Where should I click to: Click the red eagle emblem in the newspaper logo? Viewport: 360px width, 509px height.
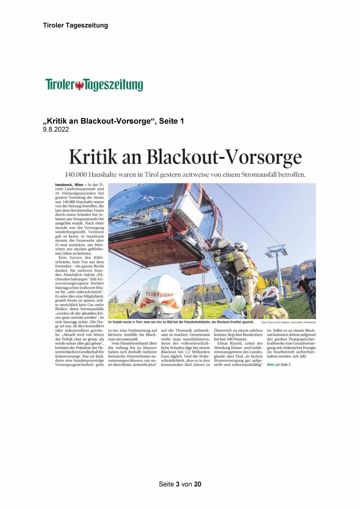(79, 86)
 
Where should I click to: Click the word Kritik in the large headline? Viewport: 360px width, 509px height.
(93, 158)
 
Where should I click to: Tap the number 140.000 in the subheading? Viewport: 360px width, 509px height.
(76, 175)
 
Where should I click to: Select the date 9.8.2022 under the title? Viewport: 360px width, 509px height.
(56, 130)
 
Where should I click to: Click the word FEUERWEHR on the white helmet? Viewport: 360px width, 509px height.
(159, 295)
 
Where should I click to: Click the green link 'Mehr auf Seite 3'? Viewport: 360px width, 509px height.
(278, 365)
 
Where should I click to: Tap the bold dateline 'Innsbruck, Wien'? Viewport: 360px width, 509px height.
(69, 185)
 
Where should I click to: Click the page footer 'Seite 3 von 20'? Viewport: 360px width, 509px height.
(180, 484)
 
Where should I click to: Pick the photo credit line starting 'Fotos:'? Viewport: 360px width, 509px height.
(288, 322)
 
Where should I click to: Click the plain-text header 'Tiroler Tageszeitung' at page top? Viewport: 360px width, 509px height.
(75, 25)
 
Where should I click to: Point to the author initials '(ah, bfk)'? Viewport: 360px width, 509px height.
(300, 356)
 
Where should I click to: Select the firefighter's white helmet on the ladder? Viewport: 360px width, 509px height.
(241, 246)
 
